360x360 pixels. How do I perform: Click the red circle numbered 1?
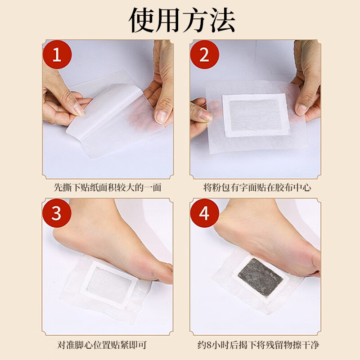[57, 55]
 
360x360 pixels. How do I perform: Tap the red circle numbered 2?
[204, 55]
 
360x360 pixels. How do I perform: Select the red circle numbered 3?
[57, 213]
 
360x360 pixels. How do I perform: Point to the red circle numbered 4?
[204, 213]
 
